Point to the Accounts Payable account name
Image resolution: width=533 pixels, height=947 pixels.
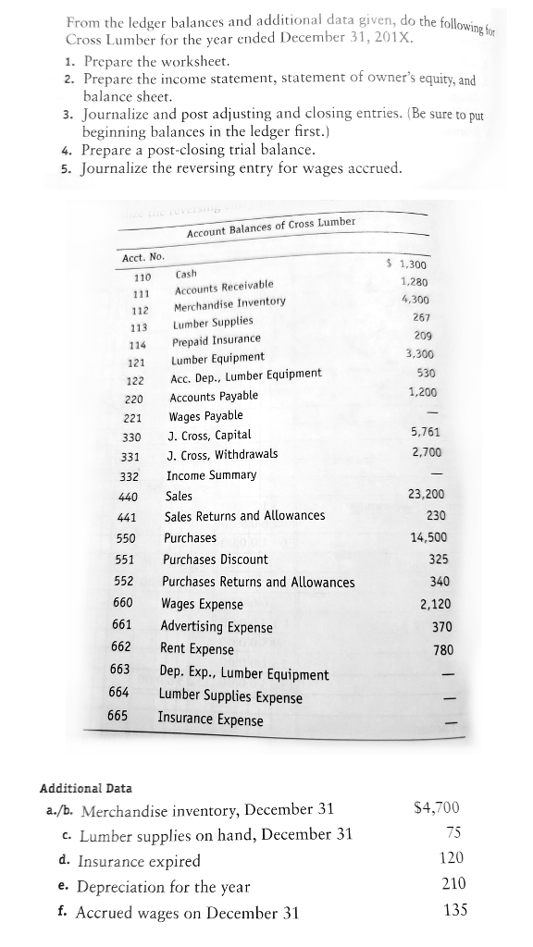pyautogui.click(x=214, y=396)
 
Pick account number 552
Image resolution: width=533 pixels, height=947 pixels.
pyautogui.click(x=126, y=582)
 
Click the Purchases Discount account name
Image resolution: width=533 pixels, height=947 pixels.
pyautogui.click(x=216, y=560)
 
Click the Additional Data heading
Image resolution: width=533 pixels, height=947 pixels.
pyautogui.click(x=85, y=788)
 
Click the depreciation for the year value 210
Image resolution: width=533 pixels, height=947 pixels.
pyautogui.click(x=452, y=883)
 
